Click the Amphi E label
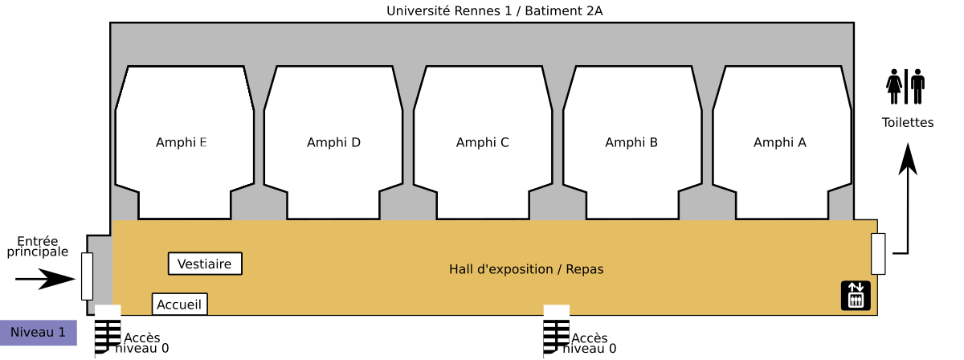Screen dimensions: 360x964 181,142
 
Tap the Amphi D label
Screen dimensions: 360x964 333,142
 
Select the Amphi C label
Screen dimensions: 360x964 482,142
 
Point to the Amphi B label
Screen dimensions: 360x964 631,142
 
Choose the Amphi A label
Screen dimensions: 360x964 779,142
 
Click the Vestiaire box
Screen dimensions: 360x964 205,264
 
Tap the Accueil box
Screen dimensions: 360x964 179,305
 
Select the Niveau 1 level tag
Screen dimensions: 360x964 38,332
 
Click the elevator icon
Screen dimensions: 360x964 856,295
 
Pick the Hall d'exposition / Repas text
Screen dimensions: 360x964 526,269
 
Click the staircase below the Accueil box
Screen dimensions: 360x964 108,330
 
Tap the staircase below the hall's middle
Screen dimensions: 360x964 556,330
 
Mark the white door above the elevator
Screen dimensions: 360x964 878,254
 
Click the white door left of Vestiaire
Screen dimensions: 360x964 87,276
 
